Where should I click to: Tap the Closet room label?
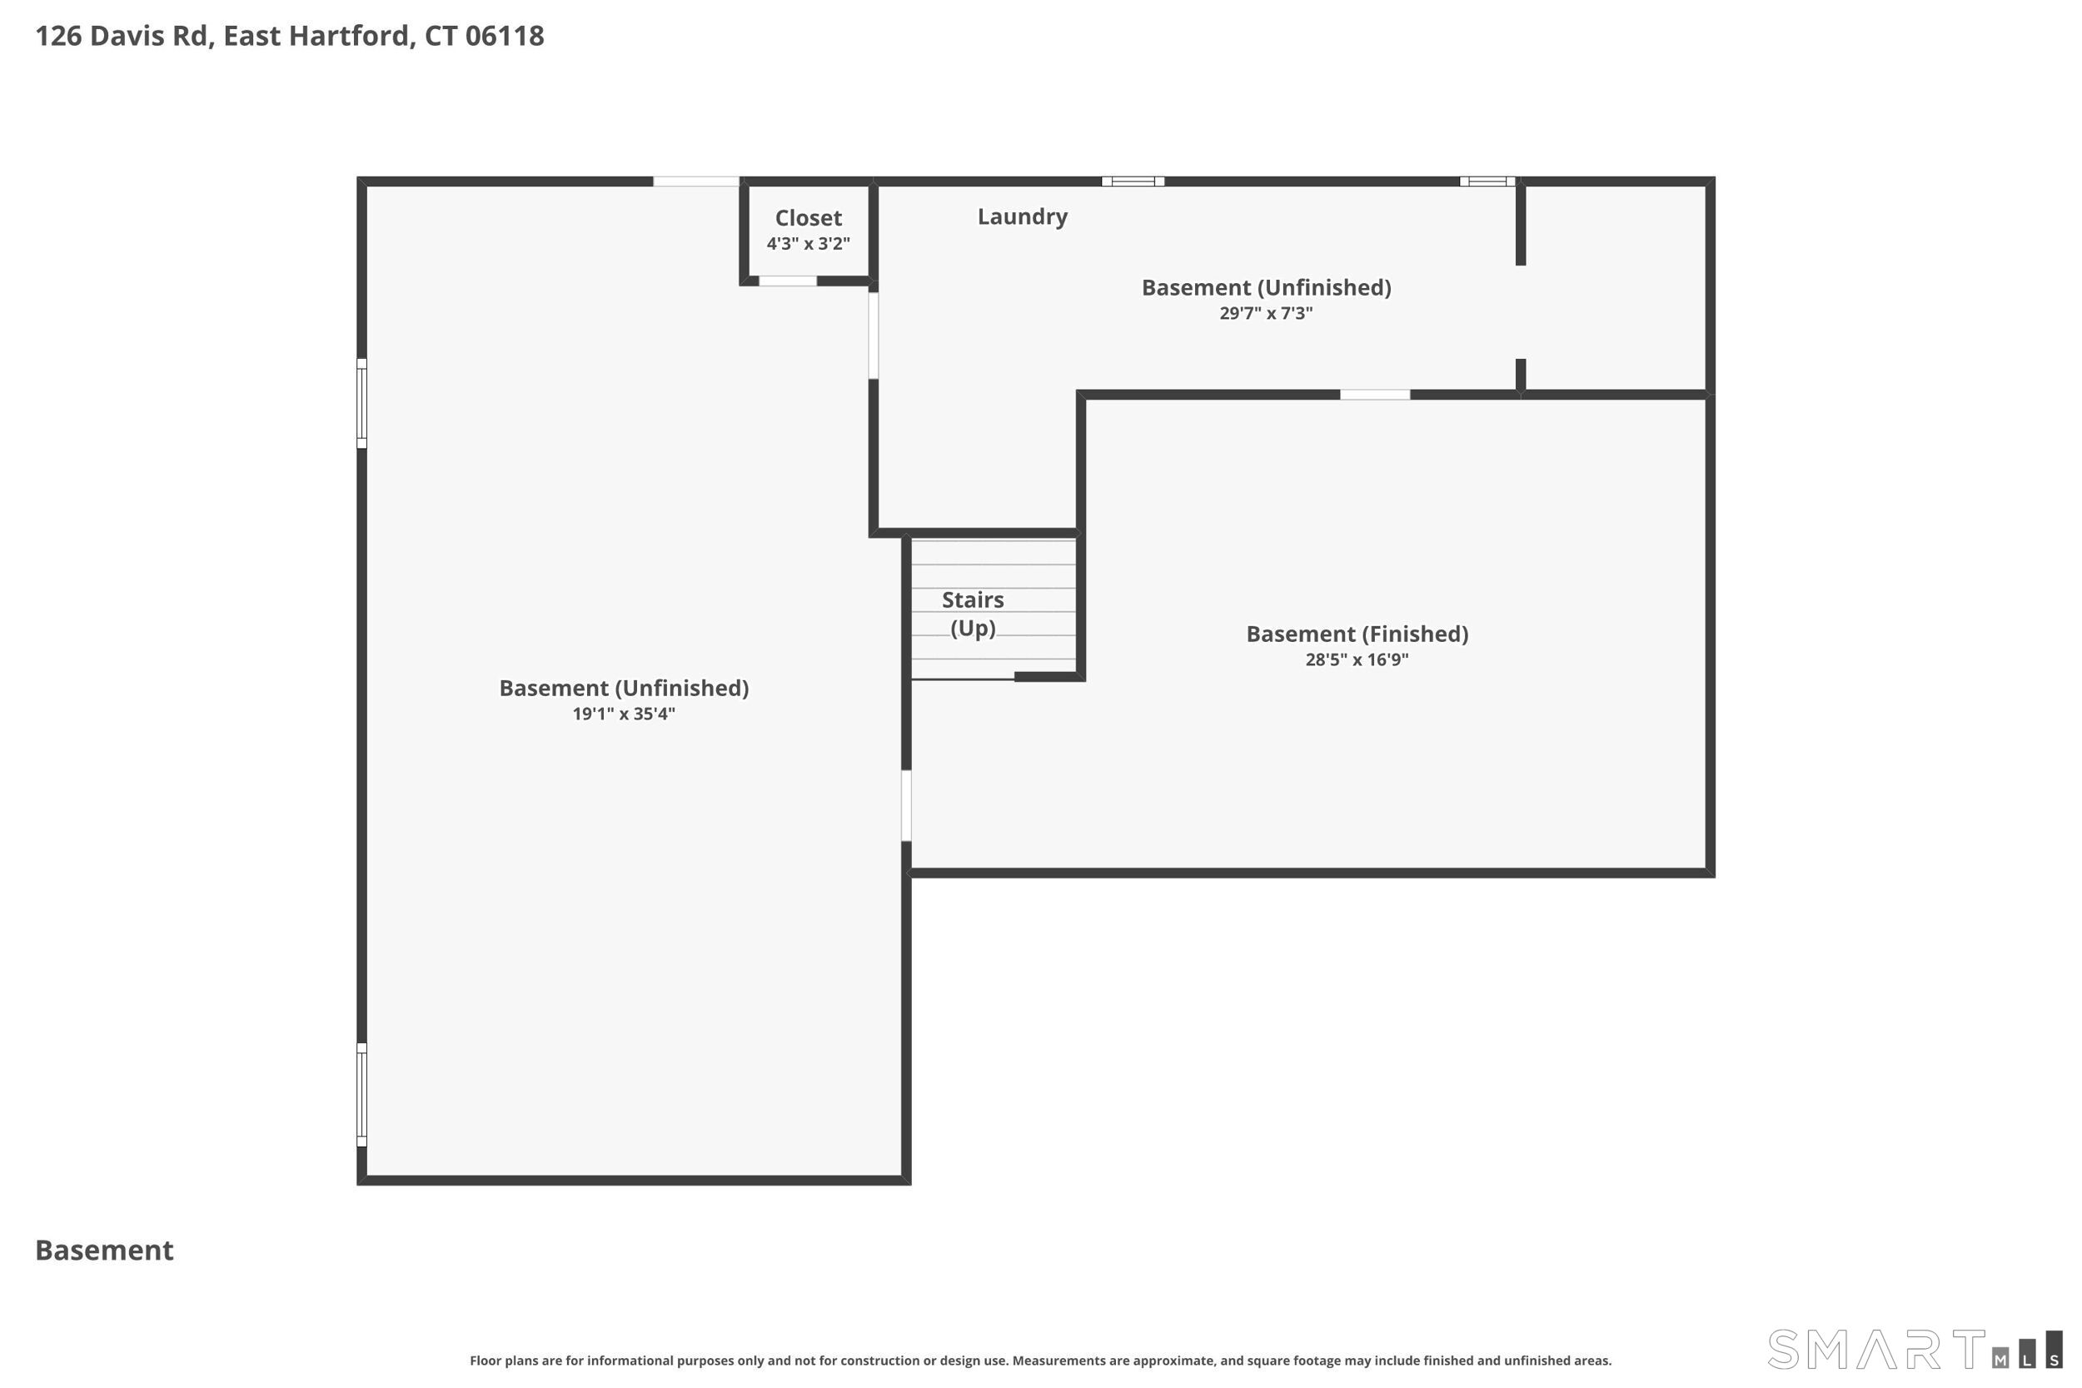tap(808, 218)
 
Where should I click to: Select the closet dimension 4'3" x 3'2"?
tap(808, 243)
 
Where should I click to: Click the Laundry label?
tap(1023, 216)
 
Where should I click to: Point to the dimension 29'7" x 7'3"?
tap(1266, 312)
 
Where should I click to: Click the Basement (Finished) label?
tap(1357, 634)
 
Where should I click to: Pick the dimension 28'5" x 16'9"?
tap(1357, 659)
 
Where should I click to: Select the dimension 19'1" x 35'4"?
tap(624, 714)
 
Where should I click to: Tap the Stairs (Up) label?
tap(973, 614)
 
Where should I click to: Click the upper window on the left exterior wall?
tap(362, 404)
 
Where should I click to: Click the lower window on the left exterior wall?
tap(362, 1094)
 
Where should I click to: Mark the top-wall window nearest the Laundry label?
tap(1133, 182)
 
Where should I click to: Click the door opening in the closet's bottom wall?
tap(788, 281)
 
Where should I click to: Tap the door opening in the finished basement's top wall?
tap(1375, 395)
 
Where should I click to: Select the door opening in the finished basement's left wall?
tap(906, 805)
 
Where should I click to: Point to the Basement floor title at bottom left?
tap(104, 1250)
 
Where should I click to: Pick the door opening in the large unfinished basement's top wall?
tap(695, 182)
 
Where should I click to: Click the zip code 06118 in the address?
tap(505, 36)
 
